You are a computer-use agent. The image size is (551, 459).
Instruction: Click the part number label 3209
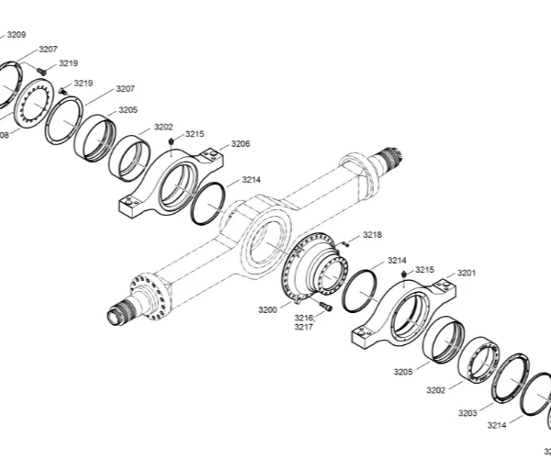pos(17,35)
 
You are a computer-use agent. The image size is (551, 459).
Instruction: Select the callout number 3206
pos(241,143)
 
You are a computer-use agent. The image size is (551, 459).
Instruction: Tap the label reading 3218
pos(372,235)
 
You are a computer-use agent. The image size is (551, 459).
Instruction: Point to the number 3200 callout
pos(267,310)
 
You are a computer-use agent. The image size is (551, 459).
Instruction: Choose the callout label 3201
pos(467,273)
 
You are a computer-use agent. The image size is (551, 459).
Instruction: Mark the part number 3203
pos(467,414)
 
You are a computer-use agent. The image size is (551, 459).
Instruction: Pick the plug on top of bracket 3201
pos(404,274)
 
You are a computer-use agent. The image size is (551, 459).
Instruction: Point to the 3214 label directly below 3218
pos(397,260)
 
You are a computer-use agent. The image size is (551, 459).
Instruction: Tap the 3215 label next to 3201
pos(424,269)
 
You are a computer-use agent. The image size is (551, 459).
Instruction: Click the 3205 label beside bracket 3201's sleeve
pos(404,372)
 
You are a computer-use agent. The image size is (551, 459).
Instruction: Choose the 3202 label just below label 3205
pos(436,390)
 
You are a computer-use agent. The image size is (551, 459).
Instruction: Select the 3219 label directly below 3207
pos(83,83)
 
